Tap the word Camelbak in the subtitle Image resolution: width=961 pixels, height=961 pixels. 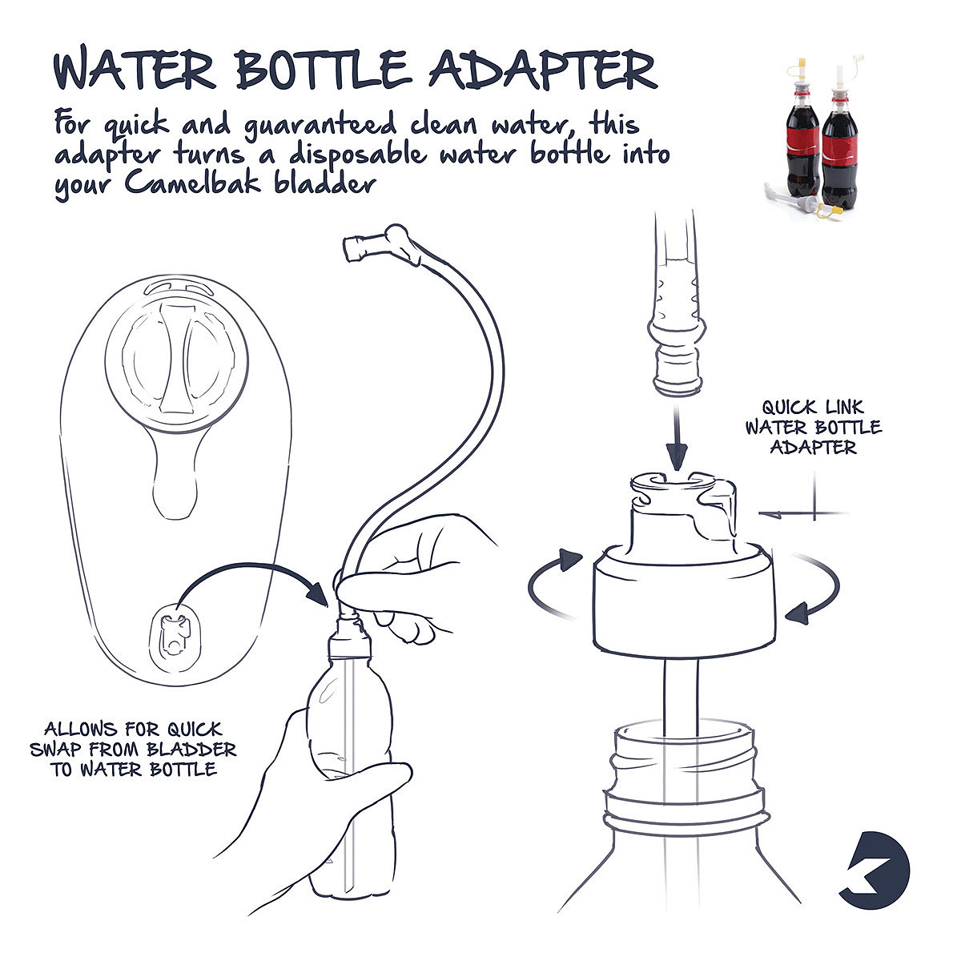[192, 183]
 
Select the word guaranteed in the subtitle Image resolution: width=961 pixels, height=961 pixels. [320, 125]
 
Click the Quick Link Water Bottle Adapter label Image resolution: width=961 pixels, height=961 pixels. [814, 427]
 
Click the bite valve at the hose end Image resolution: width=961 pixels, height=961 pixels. [377, 243]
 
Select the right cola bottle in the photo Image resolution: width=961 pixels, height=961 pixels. [840, 139]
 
